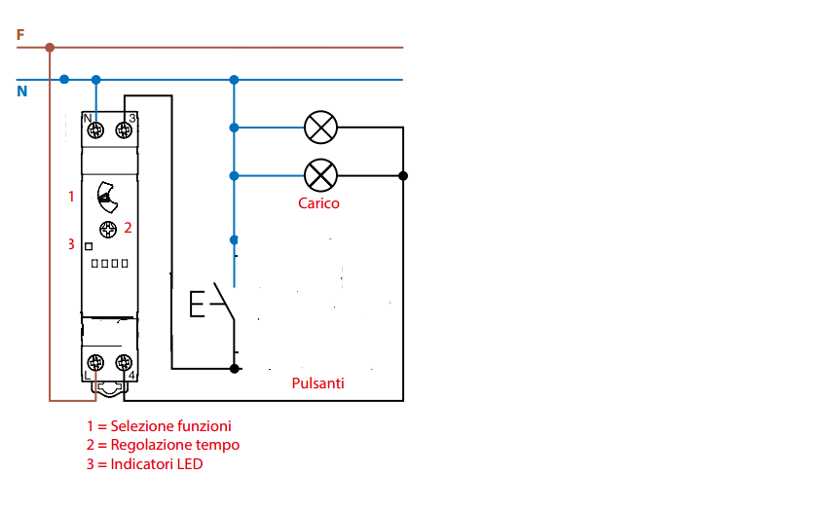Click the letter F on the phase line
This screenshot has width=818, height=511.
tap(20, 34)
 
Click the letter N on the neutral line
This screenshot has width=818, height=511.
tap(21, 91)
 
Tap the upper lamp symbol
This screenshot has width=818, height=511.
tap(320, 127)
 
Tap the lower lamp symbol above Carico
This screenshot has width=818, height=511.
tap(320, 175)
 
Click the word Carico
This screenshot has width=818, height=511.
tap(318, 203)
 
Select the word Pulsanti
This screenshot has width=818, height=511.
tap(317, 383)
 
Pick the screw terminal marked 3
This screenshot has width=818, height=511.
tap(124, 129)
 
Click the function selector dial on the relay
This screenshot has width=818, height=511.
tap(107, 198)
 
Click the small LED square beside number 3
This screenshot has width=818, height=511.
tap(88, 245)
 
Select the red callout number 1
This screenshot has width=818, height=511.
tap(70, 197)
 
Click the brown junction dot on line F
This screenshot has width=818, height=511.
tap(50, 47)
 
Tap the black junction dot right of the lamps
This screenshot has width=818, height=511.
tap(403, 176)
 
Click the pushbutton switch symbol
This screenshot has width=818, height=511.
tap(212, 305)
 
